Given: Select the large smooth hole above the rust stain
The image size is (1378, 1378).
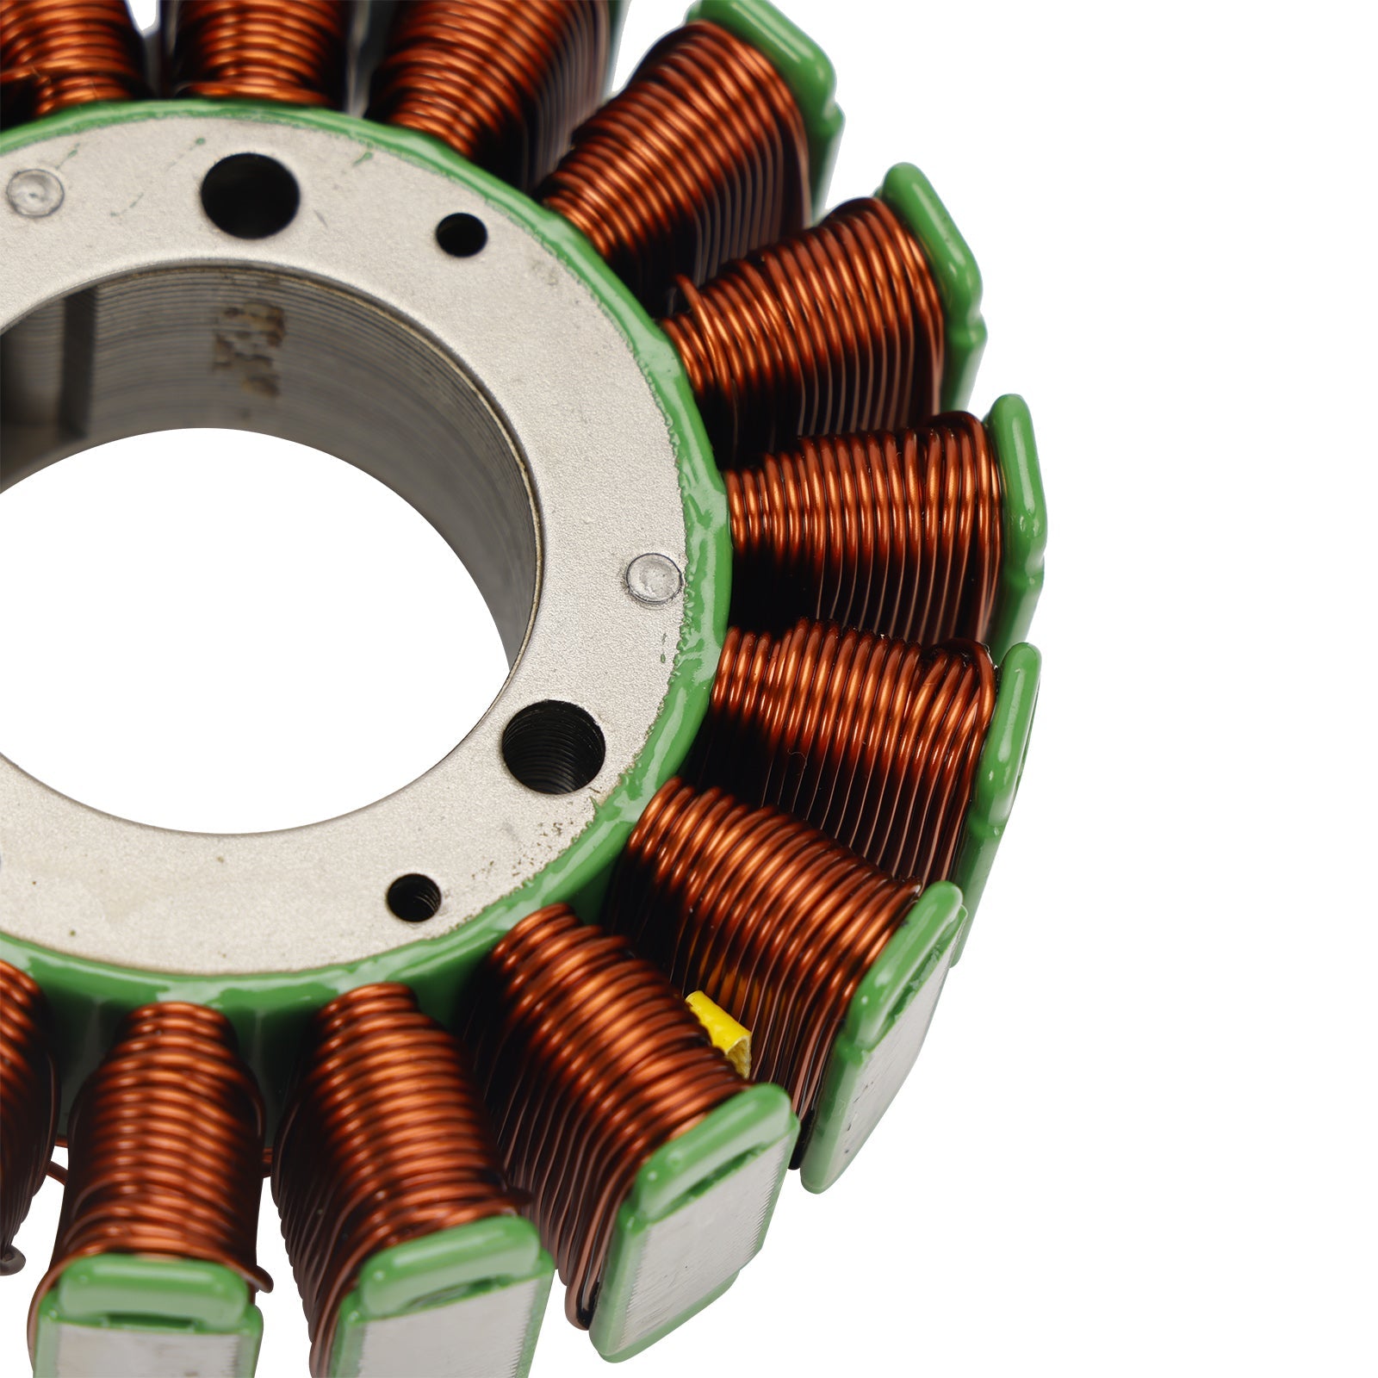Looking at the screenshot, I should click(x=250, y=195).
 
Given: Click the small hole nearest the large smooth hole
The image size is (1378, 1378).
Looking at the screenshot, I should click(x=461, y=233).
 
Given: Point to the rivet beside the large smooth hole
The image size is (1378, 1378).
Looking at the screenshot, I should click(x=35, y=191).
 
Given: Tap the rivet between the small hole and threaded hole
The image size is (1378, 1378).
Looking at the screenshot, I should click(x=654, y=577).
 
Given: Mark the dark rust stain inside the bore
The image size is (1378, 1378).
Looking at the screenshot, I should click(x=250, y=344).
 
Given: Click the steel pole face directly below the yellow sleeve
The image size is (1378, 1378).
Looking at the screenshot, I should click(x=689, y=1223).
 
